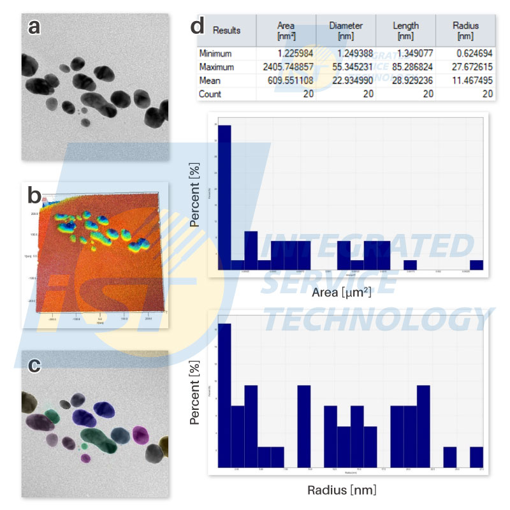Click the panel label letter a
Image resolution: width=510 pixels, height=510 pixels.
[x=35, y=27]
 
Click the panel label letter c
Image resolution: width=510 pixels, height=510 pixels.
[x=35, y=365]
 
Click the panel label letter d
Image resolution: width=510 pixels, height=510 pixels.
[x=198, y=27]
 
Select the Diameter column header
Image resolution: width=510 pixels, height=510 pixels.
[x=346, y=30]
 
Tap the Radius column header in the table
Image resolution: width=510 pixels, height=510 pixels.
[x=465, y=30]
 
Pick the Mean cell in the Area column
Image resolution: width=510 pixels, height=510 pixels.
[x=286, y=80]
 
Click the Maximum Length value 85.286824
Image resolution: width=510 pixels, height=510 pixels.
[x=405, y=67]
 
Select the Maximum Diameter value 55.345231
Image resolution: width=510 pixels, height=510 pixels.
[x=346, y=67]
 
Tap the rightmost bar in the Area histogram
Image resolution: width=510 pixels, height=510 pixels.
[x=476, y=265]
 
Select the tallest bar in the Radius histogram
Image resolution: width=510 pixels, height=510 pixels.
[x=224, y=395]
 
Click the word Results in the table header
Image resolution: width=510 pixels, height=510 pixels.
[x=226, y=30]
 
